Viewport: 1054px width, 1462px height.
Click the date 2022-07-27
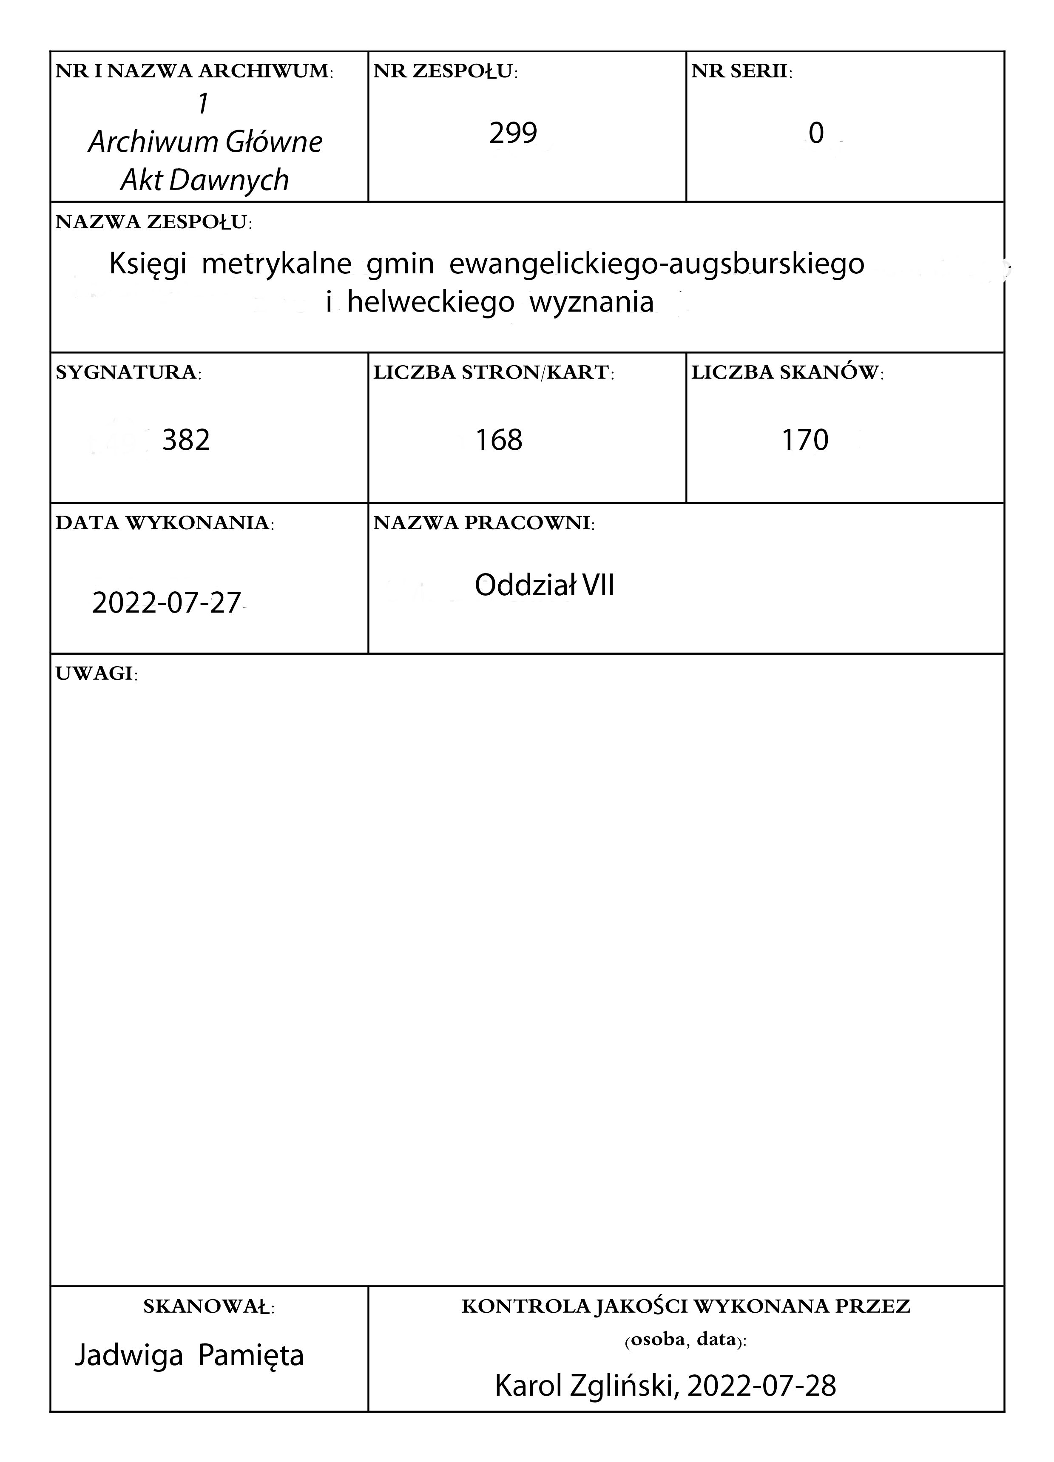pos(166,603)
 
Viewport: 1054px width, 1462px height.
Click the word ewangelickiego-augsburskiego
pos(656,264)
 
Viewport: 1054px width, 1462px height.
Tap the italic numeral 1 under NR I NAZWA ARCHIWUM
pos(204,104)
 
